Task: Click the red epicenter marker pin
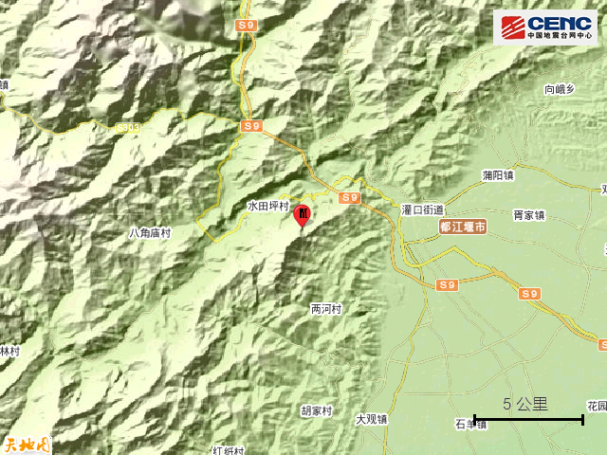coord(303,215)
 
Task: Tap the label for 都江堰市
coord(464,227)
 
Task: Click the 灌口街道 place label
coord(422,209)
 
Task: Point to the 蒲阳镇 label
coord(497,175)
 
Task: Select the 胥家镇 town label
coord(529,215)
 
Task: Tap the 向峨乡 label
coord(560,90)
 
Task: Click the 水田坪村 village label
coord(267,205)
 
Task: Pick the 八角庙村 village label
coord(150,232)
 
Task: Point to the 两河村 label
coord(325,309)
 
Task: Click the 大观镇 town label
coord(372,418)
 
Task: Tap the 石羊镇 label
coord(469,424)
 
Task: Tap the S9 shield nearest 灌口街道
coord(350,197)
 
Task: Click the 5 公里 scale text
coord(525,404)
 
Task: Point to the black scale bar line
coord(528,419)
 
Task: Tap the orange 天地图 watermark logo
coord(26,443)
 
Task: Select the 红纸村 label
coord(229,450)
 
